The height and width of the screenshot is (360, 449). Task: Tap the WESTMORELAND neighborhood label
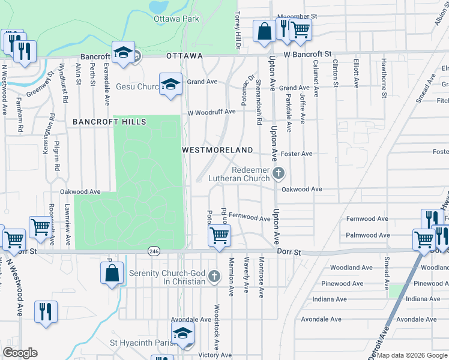tap(217, 149)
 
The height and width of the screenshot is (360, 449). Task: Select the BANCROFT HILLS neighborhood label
tap(109, 122)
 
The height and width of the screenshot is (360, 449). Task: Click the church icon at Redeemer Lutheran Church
tap(277, 174)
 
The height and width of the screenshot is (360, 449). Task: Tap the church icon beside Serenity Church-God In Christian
tap(214, 278)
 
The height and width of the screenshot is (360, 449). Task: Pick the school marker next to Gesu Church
tap(170, 83)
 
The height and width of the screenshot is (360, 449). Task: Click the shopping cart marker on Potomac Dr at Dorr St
tap(219, 235)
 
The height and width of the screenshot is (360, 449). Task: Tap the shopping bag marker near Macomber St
tap(264, 31)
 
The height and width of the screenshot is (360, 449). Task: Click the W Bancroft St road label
tap(308, 54)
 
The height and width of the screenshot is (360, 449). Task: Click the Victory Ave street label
tap(215, 355)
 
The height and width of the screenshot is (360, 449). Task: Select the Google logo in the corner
tap(20, 353)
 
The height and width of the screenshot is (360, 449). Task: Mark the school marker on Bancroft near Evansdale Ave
tap(123, 52)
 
